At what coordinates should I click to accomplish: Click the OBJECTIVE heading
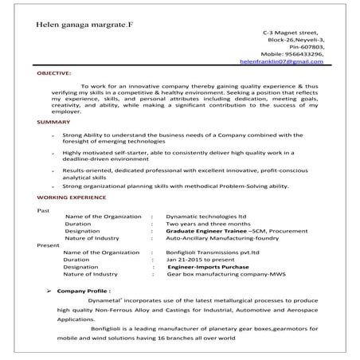tap(54, 72)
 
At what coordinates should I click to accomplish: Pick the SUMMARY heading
tap(53, 122)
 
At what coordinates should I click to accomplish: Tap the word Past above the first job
tap(45, 210)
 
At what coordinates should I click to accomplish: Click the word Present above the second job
tap(49, 245)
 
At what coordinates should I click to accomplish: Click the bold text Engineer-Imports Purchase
tap(211, 267)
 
